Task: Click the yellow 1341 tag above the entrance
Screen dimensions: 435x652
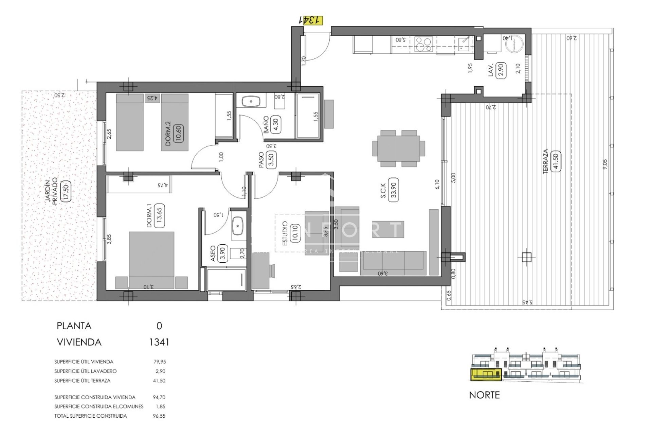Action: click(x=311, y=20)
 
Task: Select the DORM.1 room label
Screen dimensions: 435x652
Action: click(x=149, y=215)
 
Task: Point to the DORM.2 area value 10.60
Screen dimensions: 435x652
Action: click(x=178, y=134)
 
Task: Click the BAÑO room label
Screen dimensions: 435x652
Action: click(x=266, y=125)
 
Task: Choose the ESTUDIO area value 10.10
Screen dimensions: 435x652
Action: click(x=294, y=233)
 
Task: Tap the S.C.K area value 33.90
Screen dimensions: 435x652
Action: click(x=393, y=190)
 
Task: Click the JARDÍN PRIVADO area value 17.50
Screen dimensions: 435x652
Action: click(x=66, y=191)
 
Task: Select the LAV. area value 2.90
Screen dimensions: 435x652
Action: click(x=500, y=70)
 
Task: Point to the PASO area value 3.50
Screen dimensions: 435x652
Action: click(x=271, y=160)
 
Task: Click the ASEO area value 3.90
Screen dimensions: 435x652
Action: click(x=222, y=254)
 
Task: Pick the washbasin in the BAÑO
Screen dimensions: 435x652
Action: click(x=251, y=101)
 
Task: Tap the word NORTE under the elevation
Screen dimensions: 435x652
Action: click(x=484, y=395)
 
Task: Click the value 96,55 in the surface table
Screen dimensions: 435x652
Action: click(x=159, y=416)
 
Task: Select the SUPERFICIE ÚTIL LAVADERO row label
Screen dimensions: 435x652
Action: click(x=85, y=371)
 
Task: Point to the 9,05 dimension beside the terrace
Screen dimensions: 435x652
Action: click(x=605, y=164)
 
